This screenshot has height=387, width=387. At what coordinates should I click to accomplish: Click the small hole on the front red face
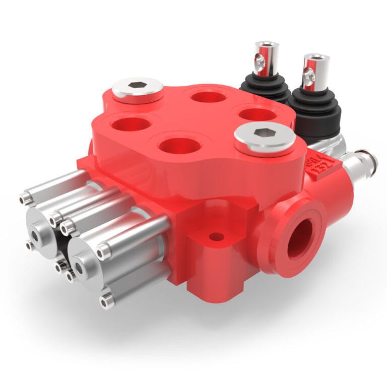click(x=217, y=236)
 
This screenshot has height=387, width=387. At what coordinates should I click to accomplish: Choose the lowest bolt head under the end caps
click(x=106, y=302)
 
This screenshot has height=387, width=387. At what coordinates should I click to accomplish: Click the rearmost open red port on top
click(x=208, y=96)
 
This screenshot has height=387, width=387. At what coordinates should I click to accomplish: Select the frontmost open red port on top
click(x=179, y=146)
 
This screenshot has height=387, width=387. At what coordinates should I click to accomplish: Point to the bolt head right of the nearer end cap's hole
click(x=104, y=251)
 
